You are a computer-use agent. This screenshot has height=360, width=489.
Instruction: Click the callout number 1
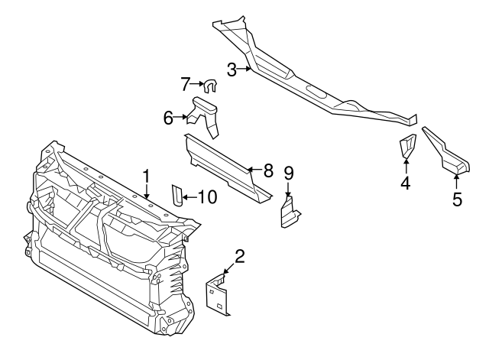point(145,176)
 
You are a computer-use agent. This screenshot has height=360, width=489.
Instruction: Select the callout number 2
point(239,256)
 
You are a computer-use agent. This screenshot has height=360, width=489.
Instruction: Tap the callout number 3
point(232,70)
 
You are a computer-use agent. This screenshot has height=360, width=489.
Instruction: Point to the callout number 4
point(405,183)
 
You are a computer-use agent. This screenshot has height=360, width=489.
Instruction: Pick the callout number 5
point(457,199)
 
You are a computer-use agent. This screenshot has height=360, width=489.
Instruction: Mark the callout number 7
point(185,83)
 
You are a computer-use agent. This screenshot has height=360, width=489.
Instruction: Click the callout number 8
point(267,170)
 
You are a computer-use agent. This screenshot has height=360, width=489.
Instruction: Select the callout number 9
point(289,173)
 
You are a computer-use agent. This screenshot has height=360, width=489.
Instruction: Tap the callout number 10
point(206,197)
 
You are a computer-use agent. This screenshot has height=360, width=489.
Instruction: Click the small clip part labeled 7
point(209,86)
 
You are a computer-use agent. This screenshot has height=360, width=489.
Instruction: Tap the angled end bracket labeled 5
point(446,151)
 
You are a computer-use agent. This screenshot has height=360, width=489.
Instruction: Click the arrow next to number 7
point(196,83)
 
